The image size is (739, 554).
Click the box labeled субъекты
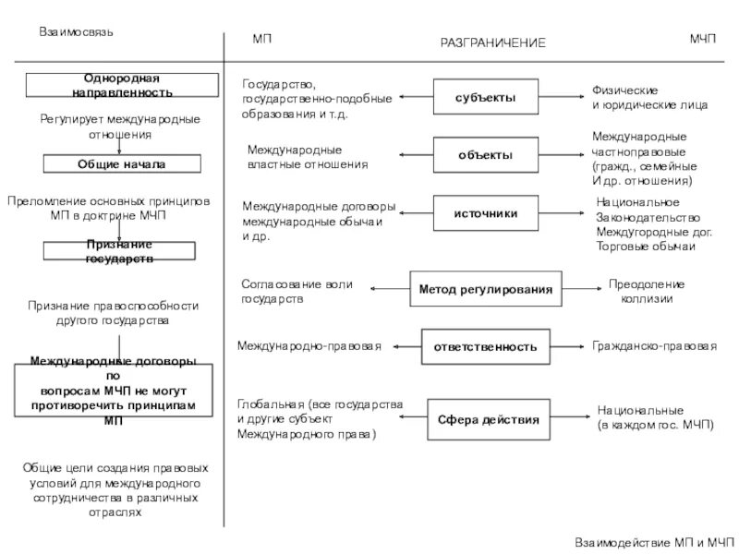(x=486, y=97)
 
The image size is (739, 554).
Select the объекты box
(x=486, y=155)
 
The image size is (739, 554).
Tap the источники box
(x=486, y=213)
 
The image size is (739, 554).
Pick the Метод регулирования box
(x=486, y=290)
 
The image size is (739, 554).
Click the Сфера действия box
(x=490, y=419)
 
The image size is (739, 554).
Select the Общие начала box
(x=121, y=164)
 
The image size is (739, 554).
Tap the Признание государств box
(x=120, y=251)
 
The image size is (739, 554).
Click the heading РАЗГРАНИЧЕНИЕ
(x=492, y=43)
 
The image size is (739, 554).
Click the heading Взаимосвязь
(x=76, y=31)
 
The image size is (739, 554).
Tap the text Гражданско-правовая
(x=654, y=346)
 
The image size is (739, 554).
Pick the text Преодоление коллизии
(x=647, y=292)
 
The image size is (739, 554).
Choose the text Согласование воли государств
(x=297, y=293)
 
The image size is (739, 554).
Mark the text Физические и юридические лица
(x=650, y=98)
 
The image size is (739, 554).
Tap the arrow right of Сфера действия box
(x=570, y=418)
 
